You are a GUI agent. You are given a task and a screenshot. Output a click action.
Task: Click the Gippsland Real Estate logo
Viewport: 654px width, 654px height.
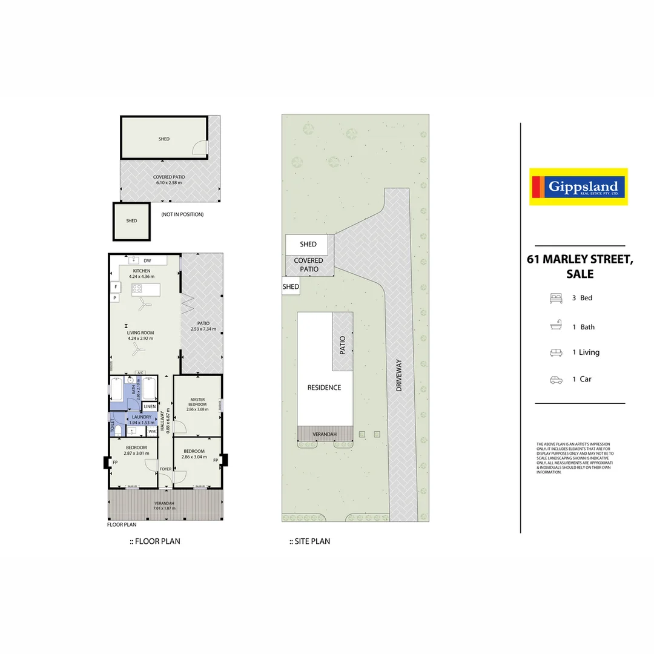point(578,187)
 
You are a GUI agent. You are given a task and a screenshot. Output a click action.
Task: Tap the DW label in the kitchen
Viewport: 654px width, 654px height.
point(147,260)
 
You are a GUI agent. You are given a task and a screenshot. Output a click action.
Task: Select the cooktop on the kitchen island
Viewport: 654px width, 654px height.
point(137,289)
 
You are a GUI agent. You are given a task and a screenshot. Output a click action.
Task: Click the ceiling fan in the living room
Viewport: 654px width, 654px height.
point(139,349)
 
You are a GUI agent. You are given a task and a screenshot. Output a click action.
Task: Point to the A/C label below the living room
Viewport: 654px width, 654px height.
point(140,372)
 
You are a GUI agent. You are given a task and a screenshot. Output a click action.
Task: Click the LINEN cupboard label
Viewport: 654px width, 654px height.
point(150,406)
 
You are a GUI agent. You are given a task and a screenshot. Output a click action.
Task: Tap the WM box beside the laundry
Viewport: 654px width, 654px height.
point(151,431)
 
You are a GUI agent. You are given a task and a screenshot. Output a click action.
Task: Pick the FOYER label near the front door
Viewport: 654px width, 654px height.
point(165,469)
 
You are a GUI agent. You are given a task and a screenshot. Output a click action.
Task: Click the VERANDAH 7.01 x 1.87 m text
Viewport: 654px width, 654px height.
point(165,506)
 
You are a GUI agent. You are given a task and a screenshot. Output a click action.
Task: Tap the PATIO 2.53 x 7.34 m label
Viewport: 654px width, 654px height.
point(203,326)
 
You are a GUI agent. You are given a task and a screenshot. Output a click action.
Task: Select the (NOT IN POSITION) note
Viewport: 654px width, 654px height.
point(182,214)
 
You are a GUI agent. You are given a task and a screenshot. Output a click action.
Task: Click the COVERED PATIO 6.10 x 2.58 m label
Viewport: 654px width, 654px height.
point(169,180)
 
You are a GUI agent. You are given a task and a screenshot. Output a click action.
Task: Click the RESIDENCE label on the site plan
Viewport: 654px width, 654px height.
point(324,388)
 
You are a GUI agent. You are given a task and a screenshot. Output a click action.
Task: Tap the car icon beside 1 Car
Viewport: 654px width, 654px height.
point(556,380)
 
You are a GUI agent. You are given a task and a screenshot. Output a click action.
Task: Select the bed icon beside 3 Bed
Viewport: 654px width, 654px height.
point(556,298)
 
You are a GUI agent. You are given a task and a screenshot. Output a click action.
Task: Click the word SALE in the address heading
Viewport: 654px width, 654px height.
point(580,274)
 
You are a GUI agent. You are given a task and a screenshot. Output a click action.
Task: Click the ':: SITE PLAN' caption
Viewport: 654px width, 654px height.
point(309,541)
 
